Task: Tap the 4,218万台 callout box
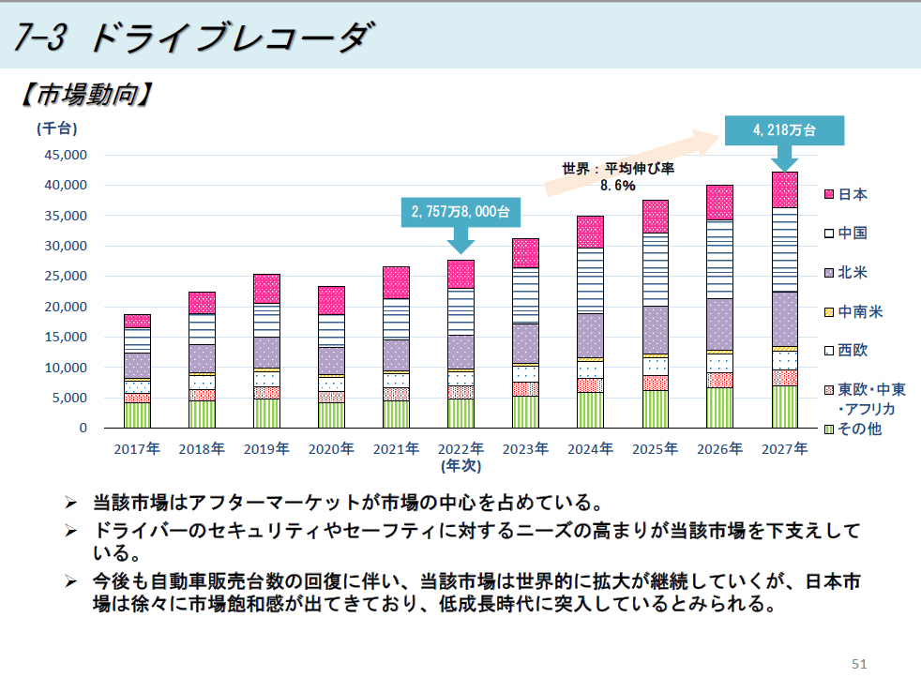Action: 784,130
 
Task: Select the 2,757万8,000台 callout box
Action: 460,213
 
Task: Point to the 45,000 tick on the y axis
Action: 62,155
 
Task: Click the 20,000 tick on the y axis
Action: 62,307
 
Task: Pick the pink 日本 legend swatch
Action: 828,195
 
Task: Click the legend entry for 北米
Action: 853,273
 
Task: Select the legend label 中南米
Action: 859,311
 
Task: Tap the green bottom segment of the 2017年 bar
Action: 137,415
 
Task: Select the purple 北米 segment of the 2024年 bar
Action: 590,335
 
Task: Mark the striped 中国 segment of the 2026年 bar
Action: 719,259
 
